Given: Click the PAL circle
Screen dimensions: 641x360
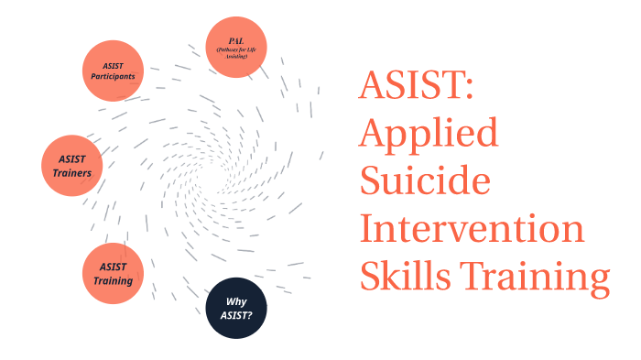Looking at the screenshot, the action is tap(237, 48).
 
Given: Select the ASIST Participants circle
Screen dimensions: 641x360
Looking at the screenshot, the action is tap(114, 71).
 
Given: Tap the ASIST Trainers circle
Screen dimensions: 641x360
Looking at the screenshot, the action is tap(73, 166).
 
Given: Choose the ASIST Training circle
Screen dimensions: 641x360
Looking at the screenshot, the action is tap(114, 273).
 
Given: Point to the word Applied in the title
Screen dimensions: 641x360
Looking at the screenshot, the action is tap(429, 135).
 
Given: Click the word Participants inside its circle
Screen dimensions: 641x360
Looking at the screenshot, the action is tap(114, 76).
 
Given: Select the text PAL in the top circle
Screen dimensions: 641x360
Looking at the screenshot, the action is tap(237, 41).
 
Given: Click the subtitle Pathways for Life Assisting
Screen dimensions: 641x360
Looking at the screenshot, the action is tap(237, 52).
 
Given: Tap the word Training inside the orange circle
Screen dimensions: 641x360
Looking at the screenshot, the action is tap(114, 279).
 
